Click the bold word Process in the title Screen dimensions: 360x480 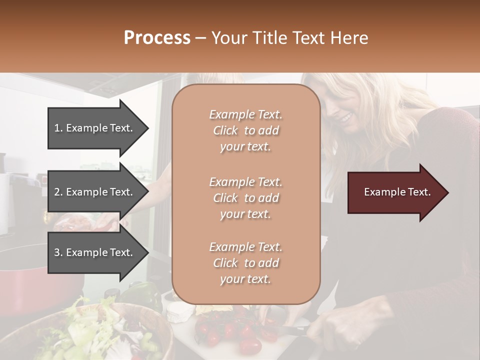pyautogui.click(x=157, y=38)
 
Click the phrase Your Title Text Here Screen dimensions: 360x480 pyautogui.click(x=290, y=38)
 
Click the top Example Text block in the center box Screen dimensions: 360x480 pyautogui.click(x=245, y=130)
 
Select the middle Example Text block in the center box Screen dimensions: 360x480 pyautogui.click(x=245, y=198)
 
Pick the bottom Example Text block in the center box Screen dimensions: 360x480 pyautogui.click(x=245, y=263)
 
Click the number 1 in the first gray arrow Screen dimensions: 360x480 pyautogui.click(x=57, y=128)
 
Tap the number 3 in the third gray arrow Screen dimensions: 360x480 pyautogui.click(x=57, y=252)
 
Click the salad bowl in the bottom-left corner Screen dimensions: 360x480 pyautogui.click(x=100, y=332)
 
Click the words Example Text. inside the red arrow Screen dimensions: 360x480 pyautogui.click(x=397, y=192)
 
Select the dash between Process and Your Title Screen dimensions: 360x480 pyautogui.click(x=201, y=38)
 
